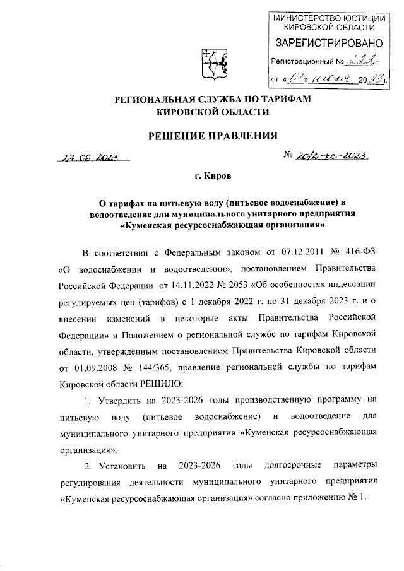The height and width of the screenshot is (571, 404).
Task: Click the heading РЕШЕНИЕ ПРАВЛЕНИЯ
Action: (213, 135)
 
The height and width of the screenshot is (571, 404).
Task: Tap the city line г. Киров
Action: (212, 179)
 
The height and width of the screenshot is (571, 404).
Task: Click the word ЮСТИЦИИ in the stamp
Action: (363, 17)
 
